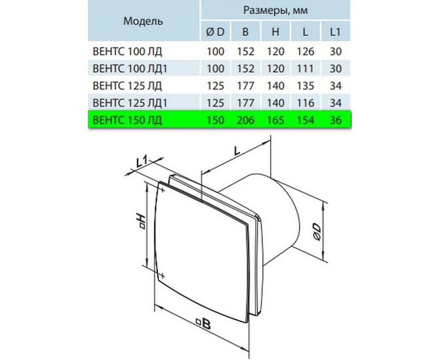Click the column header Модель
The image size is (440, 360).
(143, 21)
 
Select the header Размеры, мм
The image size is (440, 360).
(275, 10)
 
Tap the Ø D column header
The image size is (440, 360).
(215, 32)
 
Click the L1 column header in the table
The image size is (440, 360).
(335, 32)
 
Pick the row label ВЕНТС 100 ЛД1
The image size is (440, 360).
(130, 69)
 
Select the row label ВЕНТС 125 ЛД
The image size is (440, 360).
(127, 86)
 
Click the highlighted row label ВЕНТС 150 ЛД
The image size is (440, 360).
(127, 120)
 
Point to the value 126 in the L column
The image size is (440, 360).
(305, 52)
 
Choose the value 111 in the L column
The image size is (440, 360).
(305, 69)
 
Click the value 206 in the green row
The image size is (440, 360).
(245, 120)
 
